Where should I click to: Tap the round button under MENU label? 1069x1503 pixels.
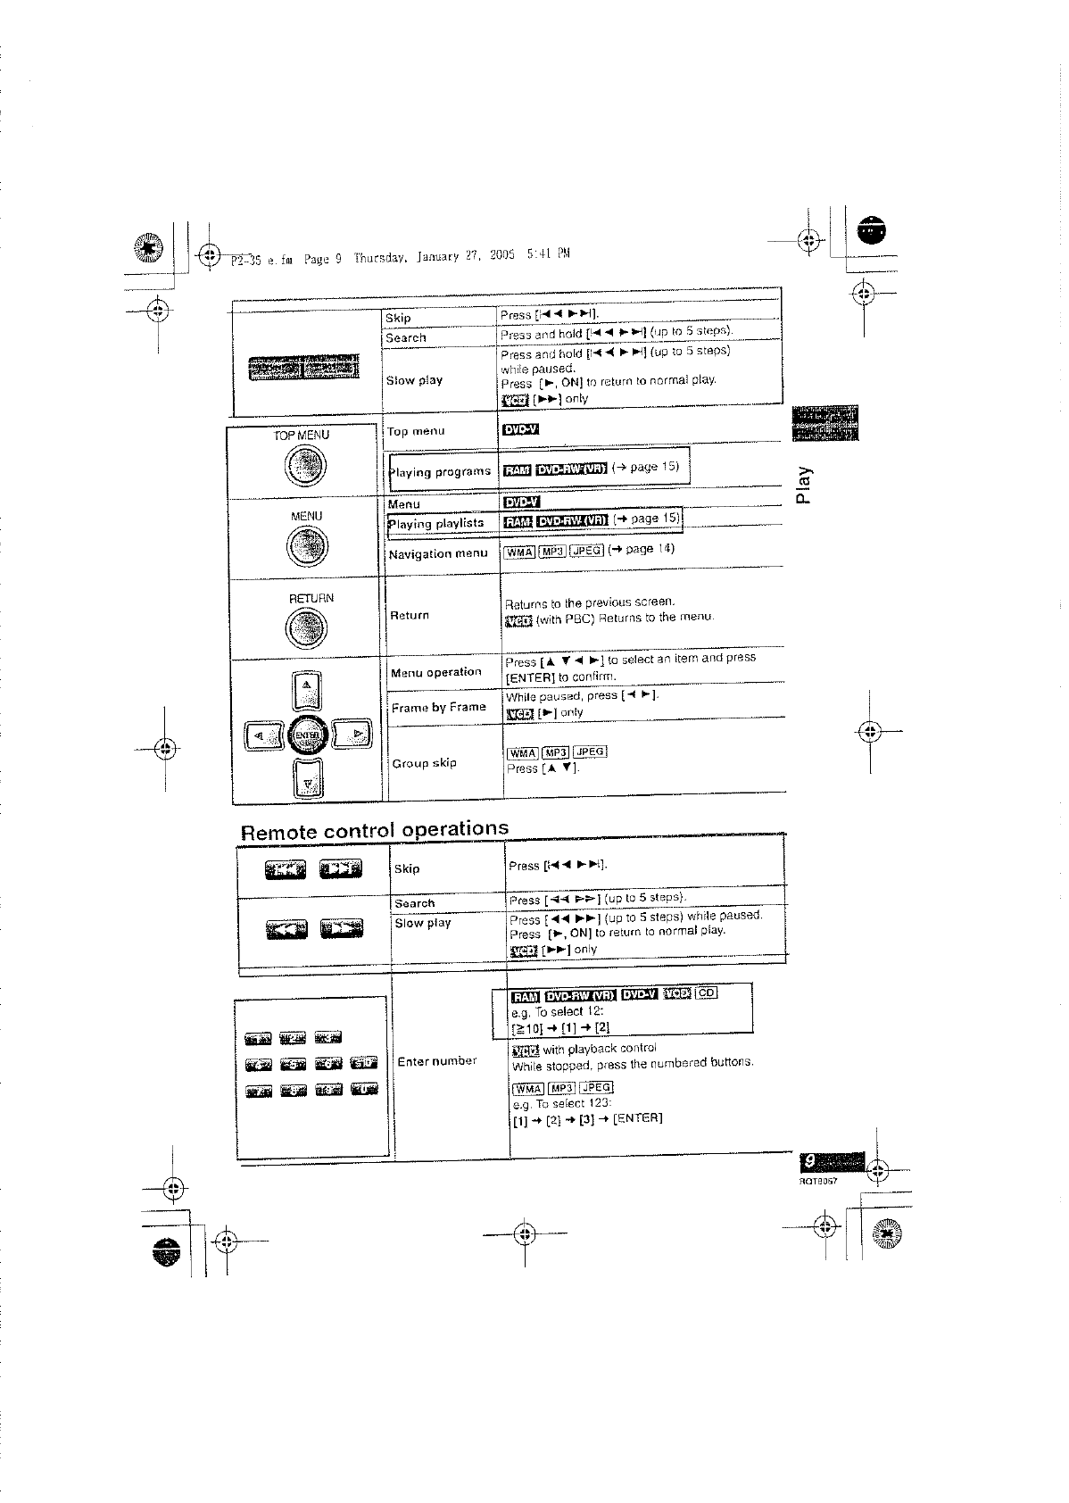306,546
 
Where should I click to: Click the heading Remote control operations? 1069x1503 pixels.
375,830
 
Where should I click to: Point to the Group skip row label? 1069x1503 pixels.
425,763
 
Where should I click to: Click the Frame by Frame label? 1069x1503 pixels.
439,707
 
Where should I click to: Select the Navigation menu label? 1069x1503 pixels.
438,553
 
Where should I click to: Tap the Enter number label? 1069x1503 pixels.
437,1061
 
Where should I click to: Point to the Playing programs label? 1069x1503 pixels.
439,471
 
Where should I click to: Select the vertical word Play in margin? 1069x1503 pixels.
805,484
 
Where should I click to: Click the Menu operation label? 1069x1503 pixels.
436,672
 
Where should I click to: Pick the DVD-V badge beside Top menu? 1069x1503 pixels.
521,430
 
